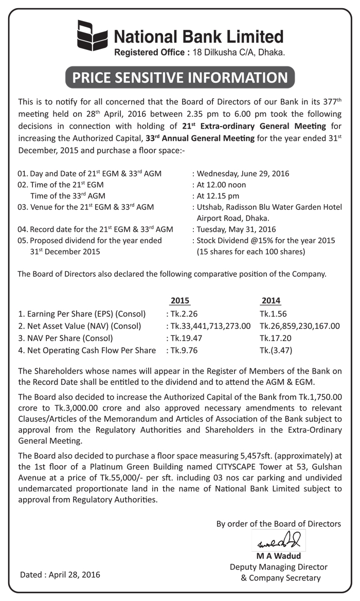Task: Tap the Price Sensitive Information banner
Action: click(x=180, y=77)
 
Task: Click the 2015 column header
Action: click(x=180, y=300)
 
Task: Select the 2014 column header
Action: click(x=271, y=300)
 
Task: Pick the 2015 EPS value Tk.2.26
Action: click(x=180, y=313)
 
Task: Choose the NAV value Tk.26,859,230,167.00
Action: click(x=300, y=326)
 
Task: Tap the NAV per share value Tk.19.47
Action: click(x=182, y=338)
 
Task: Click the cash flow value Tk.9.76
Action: click(x=180, y=350)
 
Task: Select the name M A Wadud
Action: click(x=278, y=556)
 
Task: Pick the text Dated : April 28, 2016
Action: click(x=60, y=574)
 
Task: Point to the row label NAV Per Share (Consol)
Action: click(x=65, y=338)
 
